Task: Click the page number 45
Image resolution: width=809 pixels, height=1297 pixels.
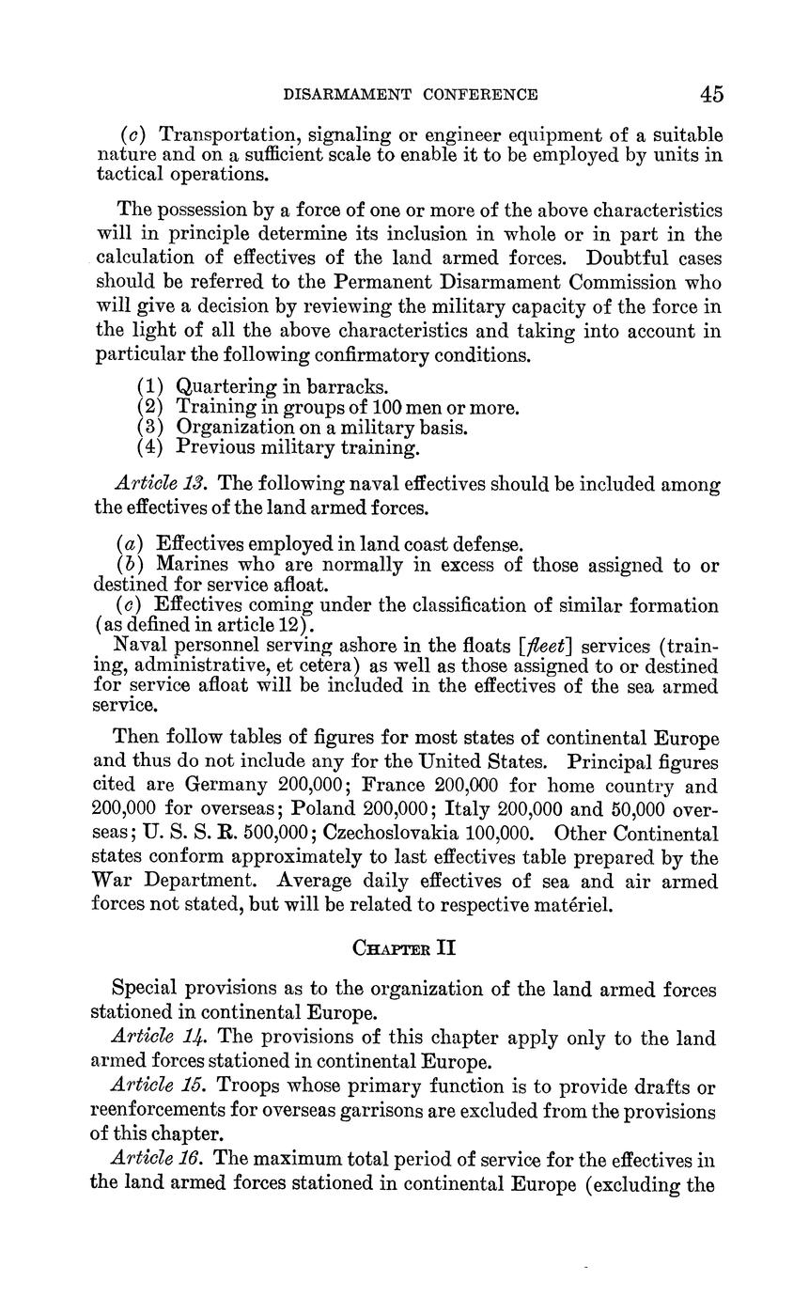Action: tap(711, 94)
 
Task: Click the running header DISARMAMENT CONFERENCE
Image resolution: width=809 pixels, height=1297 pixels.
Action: tap(411, 94)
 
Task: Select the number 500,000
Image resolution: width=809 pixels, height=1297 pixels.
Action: tap(278, 833)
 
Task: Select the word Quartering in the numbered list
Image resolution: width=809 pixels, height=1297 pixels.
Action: tap(224, 386)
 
